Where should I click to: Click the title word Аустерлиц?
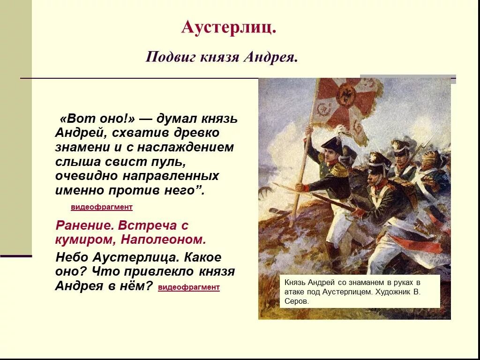pos(228,27)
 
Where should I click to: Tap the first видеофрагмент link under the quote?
pos(102,207)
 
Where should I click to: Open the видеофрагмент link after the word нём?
pos(189,287)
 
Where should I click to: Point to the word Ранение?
pos(85,225)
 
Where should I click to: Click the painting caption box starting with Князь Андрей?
pos(360,292)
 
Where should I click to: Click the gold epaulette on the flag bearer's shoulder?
pos(339,170)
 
